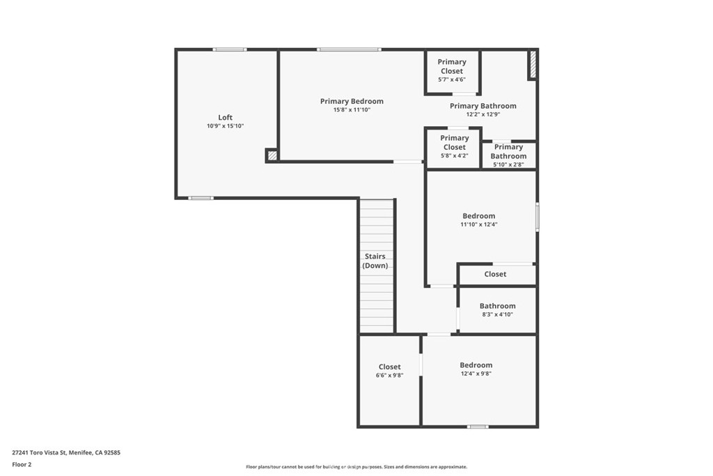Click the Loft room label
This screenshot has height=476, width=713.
225,117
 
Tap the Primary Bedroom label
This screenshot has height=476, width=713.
352,102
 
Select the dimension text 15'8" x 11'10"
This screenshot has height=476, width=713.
352,109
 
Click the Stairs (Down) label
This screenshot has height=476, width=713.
375,261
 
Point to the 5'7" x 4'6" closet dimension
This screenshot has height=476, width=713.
451,79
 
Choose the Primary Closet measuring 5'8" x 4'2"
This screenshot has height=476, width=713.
454,142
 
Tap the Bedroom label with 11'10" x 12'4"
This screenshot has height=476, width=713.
479,216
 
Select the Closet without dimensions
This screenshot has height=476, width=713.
495,274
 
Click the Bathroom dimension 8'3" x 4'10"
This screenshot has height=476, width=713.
497,314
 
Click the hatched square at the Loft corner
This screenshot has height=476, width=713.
272,155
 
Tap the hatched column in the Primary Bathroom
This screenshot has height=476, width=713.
533,64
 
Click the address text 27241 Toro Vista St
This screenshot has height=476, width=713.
39,453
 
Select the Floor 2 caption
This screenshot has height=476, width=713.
22,465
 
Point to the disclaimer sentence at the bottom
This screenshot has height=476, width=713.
356,466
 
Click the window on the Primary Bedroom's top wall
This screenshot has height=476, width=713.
350,49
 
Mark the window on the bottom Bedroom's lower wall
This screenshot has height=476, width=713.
478,427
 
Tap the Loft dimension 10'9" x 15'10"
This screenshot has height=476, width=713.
225,126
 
